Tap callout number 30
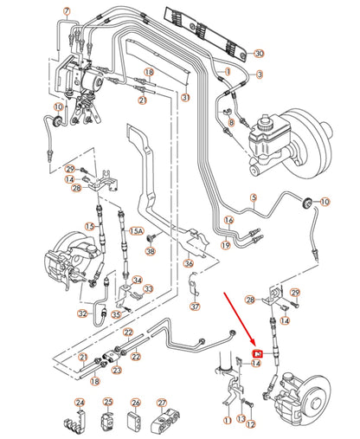click(260, 54)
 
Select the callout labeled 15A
click(136, 232)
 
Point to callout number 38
click(150, 251)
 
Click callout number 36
click(189, 264)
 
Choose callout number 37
click(194, 306)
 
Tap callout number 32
click(81, 313)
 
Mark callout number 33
click(147, 288)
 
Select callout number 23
click(117, 370)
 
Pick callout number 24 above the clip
click(80, 403)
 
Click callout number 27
click(162, 403)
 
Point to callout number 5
click(254, 198)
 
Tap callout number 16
click(229, 221)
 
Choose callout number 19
click(224, 246)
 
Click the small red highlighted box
click(256, 353)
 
